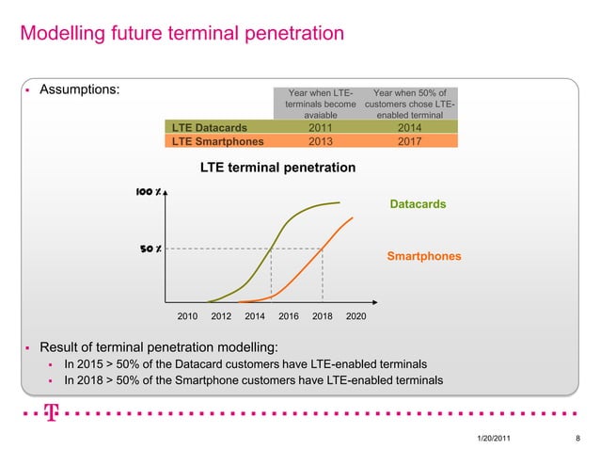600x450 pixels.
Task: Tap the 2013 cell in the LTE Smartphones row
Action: click(x=320, y=141)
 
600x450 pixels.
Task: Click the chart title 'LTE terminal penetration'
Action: click(x=277, y=168)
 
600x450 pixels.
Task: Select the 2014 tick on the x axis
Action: click(x=255, y=317)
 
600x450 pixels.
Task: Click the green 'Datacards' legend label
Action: click(x=417, y=203)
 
